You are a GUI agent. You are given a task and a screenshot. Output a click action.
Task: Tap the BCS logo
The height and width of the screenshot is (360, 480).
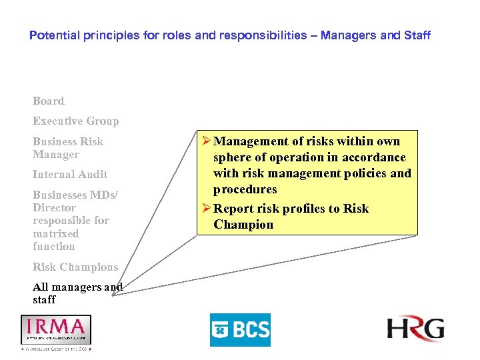click(240, 329)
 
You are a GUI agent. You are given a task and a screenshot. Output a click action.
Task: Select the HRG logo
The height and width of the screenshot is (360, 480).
click(415, 329)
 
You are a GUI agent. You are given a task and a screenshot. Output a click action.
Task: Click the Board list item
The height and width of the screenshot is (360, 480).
click(49, 101)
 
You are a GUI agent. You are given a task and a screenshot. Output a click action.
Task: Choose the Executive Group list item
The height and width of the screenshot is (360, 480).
click(75, 121)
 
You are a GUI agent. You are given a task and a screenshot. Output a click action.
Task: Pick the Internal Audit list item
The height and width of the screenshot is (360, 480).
click(70, 175)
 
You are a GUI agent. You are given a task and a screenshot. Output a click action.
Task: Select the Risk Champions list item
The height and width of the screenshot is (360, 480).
click(75, 267)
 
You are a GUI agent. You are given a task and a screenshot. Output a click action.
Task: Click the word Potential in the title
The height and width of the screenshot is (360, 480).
click(53, 35)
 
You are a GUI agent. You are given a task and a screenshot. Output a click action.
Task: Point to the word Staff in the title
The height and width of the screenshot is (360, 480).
click(417, 35)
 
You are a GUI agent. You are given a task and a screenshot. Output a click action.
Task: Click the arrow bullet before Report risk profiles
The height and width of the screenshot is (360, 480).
click(205, 209)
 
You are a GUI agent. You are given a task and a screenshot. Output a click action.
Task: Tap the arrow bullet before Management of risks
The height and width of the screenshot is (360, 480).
click(205, 141)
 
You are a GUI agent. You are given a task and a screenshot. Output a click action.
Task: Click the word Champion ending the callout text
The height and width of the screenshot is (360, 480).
click(243, 225)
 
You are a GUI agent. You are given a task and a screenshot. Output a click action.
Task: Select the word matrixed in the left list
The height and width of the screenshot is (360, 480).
click(56, 234)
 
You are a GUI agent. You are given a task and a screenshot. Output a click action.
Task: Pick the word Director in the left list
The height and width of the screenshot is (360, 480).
click(54, 207)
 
